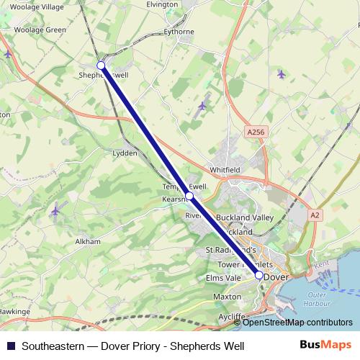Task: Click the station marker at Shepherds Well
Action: point(102,66)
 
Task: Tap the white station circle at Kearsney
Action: point(189,196)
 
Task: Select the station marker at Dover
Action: point(259,274)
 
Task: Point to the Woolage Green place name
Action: point(40,30)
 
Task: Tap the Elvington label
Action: point(162,4)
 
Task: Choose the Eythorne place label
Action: point(179,32)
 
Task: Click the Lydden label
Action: point(125,153)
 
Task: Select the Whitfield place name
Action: point(225,169)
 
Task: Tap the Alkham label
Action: point(88,242)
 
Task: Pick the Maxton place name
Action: point(227,296)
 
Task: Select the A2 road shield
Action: point(315,215)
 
